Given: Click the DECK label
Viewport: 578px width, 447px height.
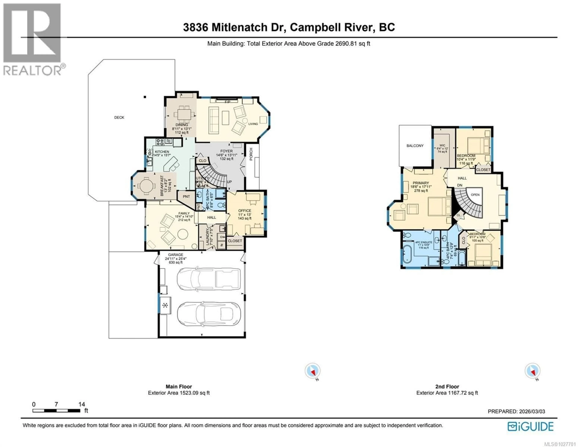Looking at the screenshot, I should (119, 117).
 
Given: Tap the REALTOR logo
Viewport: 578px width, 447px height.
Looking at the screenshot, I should (32, 40).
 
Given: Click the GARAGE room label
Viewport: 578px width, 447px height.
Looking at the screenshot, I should (176, 255).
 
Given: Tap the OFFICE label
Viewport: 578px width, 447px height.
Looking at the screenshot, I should (245, 211).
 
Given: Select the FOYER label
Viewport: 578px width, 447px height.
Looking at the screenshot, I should (226, 151).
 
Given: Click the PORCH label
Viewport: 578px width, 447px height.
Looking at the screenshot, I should (251, 154).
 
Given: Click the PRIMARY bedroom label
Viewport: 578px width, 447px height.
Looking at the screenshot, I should (421, 183).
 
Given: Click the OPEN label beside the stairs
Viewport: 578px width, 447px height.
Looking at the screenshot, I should (475, 195).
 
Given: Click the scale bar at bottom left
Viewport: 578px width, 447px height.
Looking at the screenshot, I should (56, 411).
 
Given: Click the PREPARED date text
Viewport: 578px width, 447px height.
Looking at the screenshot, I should (516, 411).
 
